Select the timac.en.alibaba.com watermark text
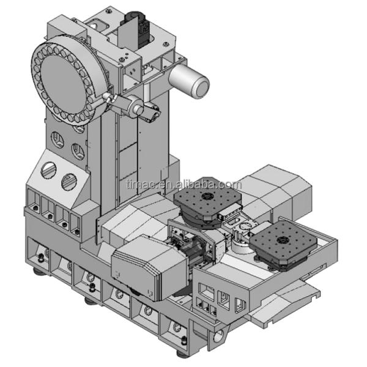click(184, 185)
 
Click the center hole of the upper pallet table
click(207, 196)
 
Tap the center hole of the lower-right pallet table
click(281, 240)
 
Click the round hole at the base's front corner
click(218, 336)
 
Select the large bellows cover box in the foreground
click(149, 267)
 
